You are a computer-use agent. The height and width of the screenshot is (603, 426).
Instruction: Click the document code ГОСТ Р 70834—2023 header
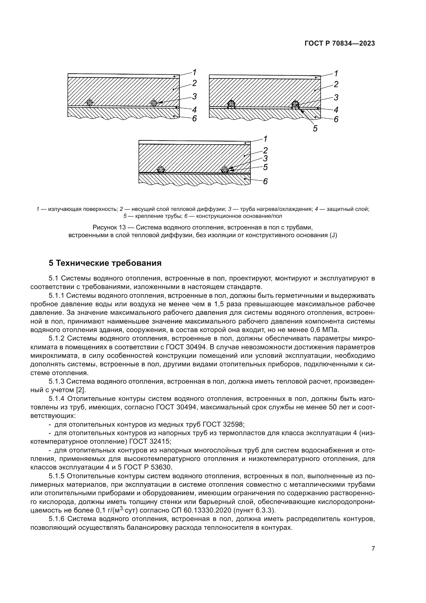(x=339, y=43)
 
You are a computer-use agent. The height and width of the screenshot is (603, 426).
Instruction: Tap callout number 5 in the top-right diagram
(x=315, y=129)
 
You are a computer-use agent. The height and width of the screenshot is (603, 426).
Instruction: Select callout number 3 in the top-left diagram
(x=194, y=97)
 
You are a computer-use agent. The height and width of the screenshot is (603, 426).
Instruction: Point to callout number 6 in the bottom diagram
(x=265, y=181)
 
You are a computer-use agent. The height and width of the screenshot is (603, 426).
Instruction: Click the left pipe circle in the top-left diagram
(x=90, y=103)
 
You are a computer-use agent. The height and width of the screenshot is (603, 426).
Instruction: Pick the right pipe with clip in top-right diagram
(x=295, y=105)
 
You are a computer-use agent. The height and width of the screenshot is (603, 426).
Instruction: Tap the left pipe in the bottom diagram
(x=160, y=169)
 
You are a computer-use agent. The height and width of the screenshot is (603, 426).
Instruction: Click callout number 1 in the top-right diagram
(x=336, y=73)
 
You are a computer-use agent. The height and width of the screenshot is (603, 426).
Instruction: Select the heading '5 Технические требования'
(x=105, y=263)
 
